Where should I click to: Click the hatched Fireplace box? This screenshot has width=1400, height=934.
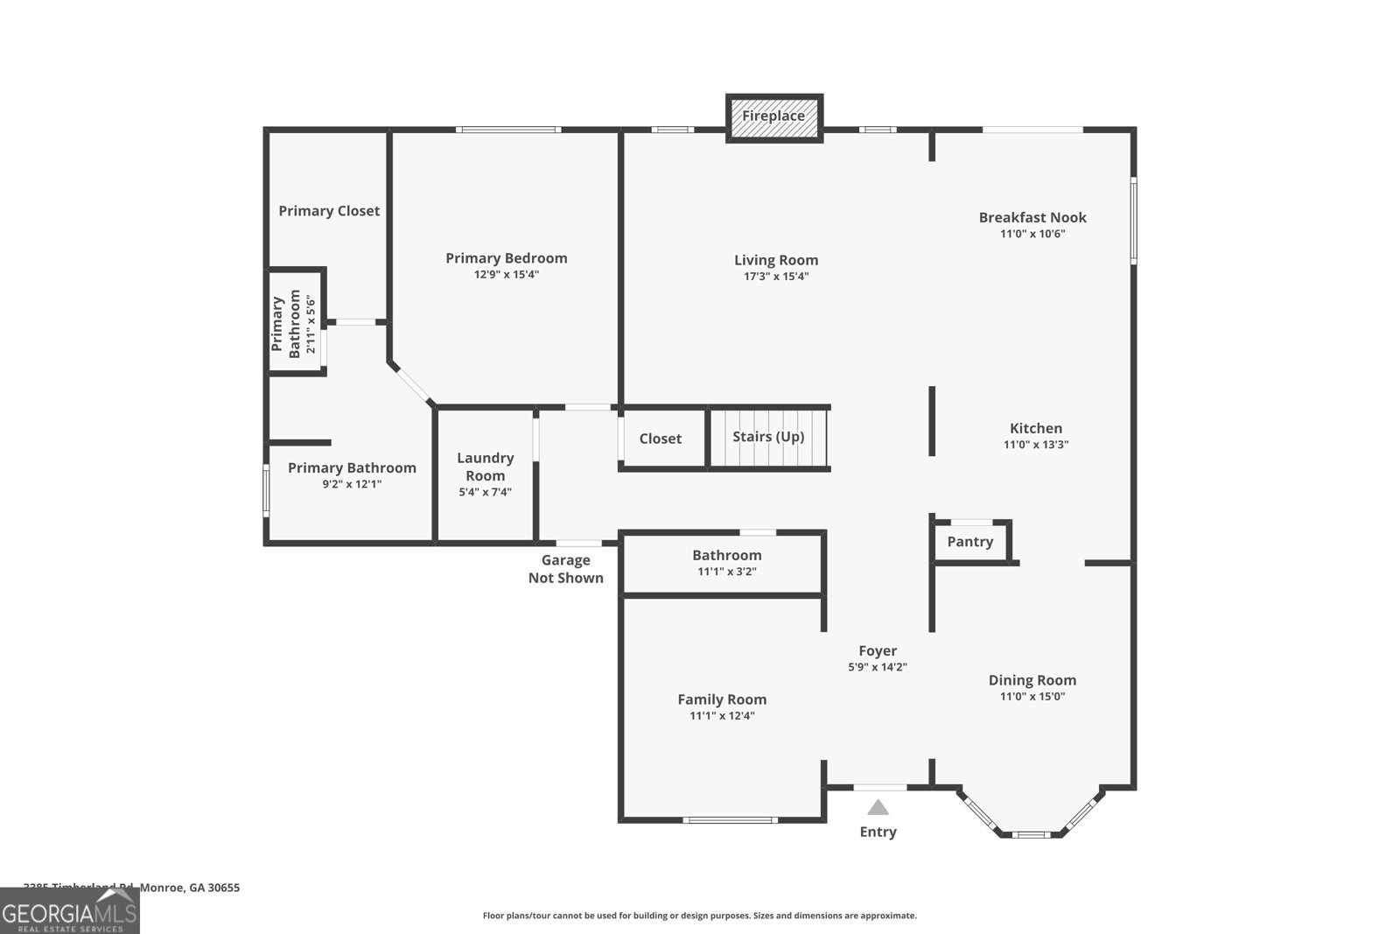773,117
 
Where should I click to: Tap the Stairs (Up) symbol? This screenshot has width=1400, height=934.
768,438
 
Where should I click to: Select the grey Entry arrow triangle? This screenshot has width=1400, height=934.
878,808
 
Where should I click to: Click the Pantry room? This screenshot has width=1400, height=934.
970,542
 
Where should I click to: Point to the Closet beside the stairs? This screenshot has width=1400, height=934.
661,439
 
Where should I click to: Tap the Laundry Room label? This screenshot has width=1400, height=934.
486,467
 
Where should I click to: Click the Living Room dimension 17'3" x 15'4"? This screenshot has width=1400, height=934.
776,277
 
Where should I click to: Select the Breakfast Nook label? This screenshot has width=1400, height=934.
1032,217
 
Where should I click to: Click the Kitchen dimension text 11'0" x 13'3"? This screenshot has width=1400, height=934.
1036,445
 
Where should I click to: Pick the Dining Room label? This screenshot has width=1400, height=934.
1032,680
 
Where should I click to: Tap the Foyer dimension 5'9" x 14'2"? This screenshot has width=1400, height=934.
878,667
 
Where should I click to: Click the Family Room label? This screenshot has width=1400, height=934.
722,699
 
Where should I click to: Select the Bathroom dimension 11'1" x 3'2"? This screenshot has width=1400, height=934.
727,572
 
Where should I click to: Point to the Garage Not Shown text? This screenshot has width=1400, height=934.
566,569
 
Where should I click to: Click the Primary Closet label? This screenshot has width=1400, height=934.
329,211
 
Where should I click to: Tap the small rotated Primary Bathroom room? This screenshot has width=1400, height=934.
295,322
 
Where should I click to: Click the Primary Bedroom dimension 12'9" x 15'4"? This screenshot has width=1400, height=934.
507,275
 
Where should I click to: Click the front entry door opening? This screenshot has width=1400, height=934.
880,787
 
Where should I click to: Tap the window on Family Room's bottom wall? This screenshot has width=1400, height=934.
730,820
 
